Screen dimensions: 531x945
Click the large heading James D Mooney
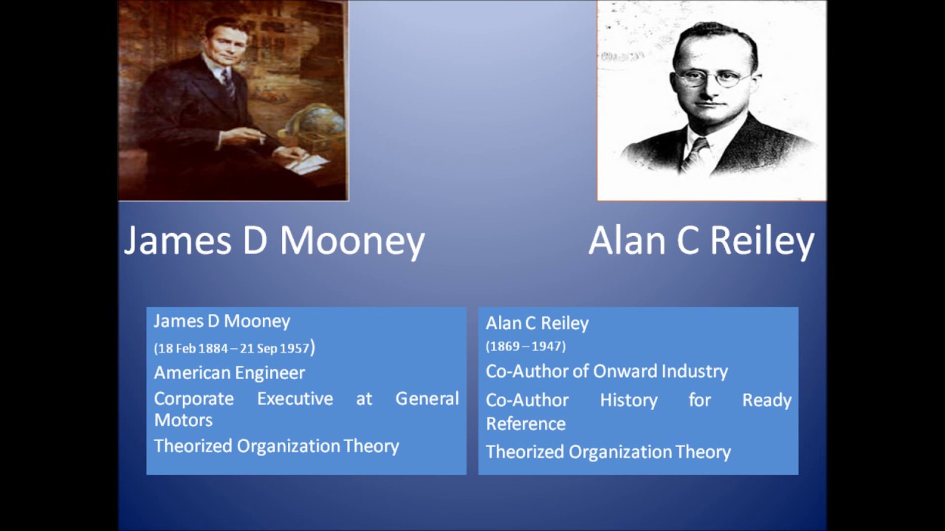274,241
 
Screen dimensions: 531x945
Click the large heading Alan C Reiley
701,241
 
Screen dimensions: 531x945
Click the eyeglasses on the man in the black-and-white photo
712,78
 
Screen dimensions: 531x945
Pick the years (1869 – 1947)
526,346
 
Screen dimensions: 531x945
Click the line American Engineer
229,372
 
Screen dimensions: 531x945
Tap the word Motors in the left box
183,420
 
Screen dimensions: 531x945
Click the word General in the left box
427,399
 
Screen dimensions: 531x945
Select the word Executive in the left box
295,399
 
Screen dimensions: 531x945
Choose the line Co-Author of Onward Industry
606,371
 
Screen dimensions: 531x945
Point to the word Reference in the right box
525,424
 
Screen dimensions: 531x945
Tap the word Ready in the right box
766,400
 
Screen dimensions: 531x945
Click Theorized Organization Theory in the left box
276,446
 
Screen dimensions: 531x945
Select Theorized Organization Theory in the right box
608,452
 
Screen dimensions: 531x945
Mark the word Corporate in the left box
193,399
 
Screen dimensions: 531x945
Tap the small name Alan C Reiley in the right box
537,323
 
